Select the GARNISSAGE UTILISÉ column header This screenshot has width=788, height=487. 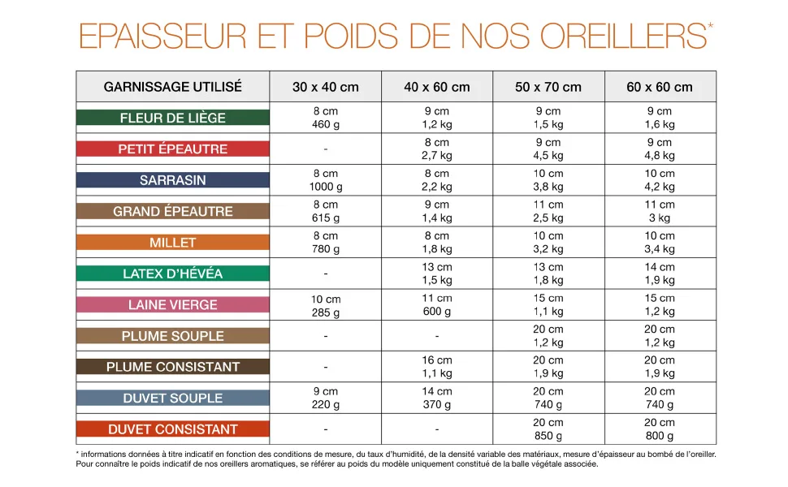pos(173,87)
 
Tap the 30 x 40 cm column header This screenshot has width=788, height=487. pos(326,87)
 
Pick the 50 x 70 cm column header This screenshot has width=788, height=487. pos(548,87)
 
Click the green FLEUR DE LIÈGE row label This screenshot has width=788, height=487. pos(173,118)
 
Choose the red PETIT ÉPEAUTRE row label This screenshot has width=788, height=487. pos(173,149)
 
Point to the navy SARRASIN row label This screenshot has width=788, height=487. pos(173,179)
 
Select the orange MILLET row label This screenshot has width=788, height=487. pos(173,243)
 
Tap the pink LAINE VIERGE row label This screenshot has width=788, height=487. pos(173,304)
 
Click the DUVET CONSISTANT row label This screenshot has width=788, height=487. pos(173,429)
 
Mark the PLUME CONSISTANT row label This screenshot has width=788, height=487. pos(173,367)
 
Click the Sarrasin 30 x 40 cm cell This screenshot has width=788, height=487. pos(326,179)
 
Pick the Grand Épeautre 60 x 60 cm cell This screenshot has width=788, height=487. pos(660,211)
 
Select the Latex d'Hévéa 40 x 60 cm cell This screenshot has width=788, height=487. pos(437,274)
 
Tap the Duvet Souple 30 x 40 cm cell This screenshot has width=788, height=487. pos(326,398)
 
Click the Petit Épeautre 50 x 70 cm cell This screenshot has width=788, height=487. pos(548,149)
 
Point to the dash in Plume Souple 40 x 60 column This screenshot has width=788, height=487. pos(437,336)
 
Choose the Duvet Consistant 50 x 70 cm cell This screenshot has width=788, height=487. pos(548,429)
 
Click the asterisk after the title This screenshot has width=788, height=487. pos(710,26)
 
